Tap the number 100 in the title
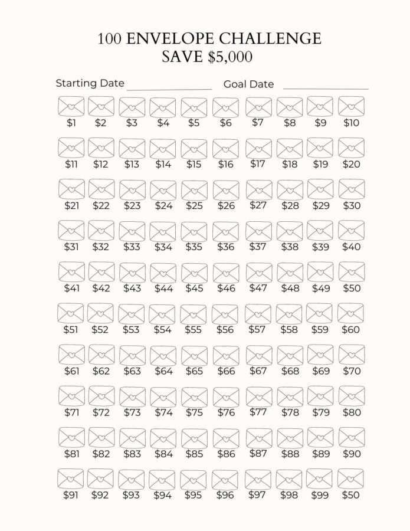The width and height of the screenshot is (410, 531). [109, 39]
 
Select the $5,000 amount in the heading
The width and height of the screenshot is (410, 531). [230, 57]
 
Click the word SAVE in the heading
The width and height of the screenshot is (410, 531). [182, 57]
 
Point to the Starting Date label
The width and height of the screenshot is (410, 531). [90, 83]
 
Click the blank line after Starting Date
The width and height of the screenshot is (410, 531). [169, 88]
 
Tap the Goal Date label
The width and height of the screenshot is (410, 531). [248, 84]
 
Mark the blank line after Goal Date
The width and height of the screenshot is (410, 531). [326, 88]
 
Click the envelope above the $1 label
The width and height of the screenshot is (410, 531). [71, 107]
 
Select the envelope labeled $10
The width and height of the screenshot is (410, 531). [351, 107]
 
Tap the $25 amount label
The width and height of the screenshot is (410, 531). [193, 206]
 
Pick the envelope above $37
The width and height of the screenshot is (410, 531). [258, 231]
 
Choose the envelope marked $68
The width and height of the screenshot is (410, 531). [290, 355]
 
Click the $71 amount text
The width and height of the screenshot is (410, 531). [71, 412]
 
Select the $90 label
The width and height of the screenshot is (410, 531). [351, 454]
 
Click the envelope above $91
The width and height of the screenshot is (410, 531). [71, 478]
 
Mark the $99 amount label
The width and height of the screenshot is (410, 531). [320, 495]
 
